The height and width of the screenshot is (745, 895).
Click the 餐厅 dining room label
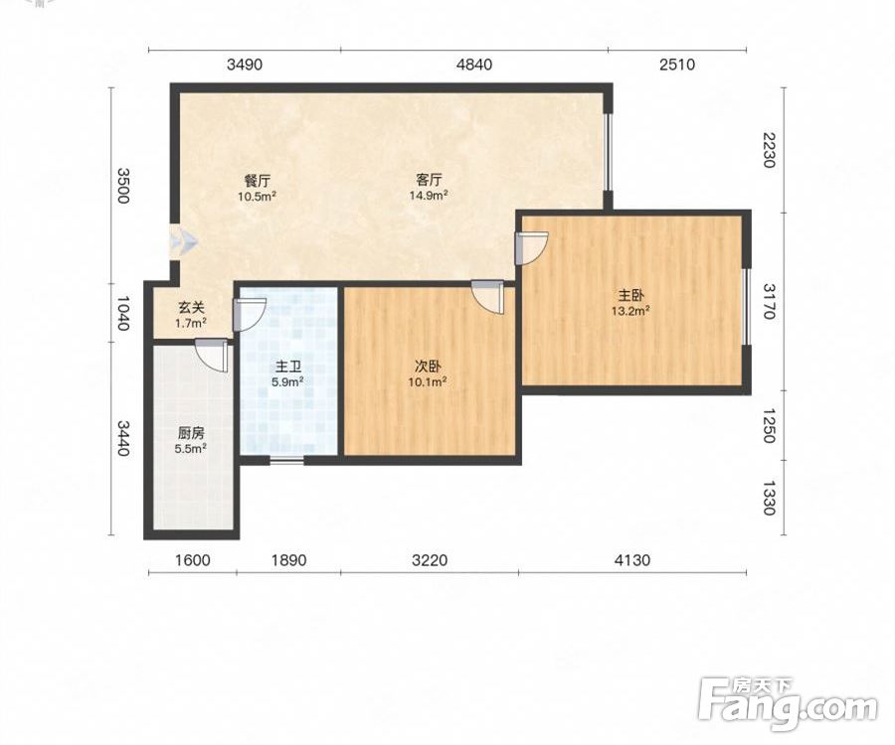coord(257,181)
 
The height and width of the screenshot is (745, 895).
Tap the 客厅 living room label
coord(428,180)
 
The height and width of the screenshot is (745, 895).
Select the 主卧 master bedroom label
coord(630,295)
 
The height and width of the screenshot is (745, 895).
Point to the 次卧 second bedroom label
coord(427,367)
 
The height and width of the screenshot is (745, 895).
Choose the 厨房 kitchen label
coord(190,433)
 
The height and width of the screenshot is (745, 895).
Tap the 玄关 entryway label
coord(191,308)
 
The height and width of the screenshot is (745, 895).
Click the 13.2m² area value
coord(630,311)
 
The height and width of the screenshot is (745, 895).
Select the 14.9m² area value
coord(428,196)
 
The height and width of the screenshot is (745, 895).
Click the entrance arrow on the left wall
coord(184,242)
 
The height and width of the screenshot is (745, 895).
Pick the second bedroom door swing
coord(488,296)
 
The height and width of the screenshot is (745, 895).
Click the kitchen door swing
coord(211,356)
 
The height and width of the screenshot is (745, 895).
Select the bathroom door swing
coord(250,315)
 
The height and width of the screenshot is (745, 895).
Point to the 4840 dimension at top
coord(474,65)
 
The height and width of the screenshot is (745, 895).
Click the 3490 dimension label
coord(245,65)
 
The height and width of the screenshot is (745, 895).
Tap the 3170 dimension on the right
coord(770,302)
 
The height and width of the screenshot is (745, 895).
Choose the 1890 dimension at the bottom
coord(288,560)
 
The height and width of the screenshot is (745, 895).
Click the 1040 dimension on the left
coord(122,313)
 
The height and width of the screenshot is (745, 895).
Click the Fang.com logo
coord(789,704)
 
